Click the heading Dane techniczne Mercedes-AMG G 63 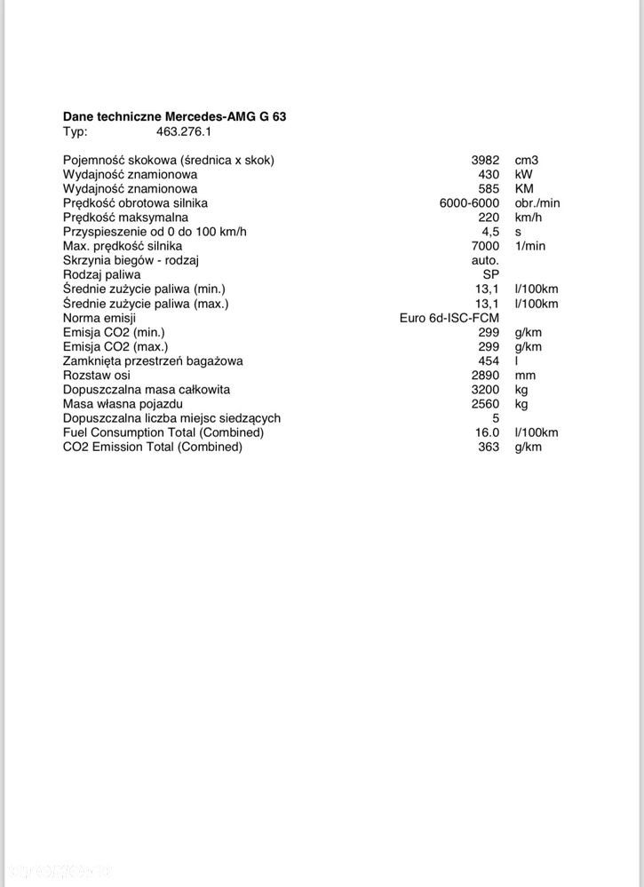(174, 116)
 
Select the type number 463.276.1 (184, 131)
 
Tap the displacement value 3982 (485, 161)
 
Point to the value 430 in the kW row (489, 175)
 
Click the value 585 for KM (489, 189)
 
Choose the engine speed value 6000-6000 (469, 203)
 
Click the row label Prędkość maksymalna (125, 218)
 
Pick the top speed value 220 (489, 218)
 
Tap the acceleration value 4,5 (490, 232)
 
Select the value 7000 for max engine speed (485, 246)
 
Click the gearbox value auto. (484, 260)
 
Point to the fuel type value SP (490, 274)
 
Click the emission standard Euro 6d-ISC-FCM (449, 318)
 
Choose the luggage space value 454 (489, 361)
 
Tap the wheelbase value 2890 (485, 376)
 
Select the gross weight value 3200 (485, 390)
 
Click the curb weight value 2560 (485, 404)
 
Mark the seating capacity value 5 (495, 418)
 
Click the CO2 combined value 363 (489, 447)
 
